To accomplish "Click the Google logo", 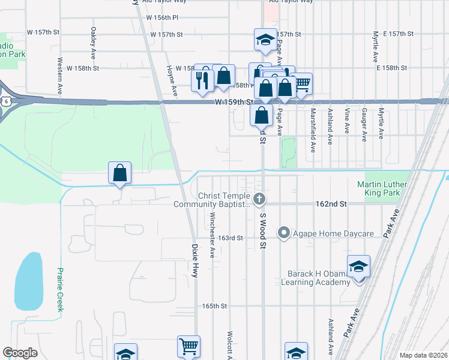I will pyautogui.click(x=20, y=352).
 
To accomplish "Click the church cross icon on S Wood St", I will pyautogui.click(x=260, y=199).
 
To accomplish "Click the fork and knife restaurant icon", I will pyautogui.click(x=202, y=79).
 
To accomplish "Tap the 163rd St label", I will pyautogui.click(x=230, y=238).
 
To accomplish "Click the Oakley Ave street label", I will pyautogui.click(x=93, y=41).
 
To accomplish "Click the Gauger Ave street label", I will pyautogui.click(x=364, y=124).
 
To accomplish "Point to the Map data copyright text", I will pyautogui.click(x=423, y=355).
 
